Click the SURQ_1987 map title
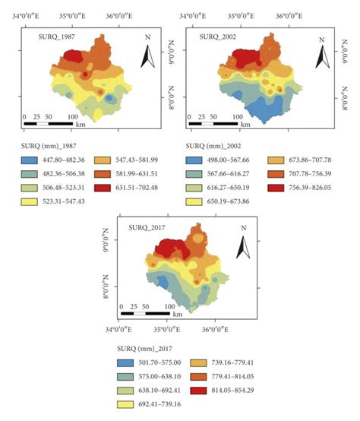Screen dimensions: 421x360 [61, 36]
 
